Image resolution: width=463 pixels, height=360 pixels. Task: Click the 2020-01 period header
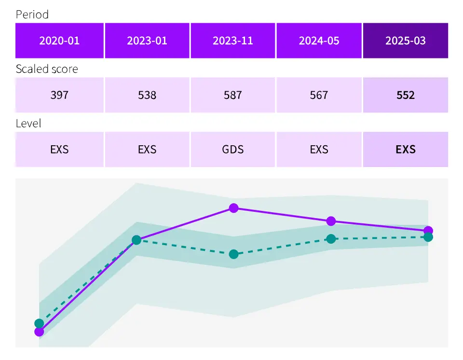59,41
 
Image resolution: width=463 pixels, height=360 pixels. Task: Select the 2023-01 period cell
147,41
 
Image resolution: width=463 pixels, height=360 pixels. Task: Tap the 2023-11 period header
233,41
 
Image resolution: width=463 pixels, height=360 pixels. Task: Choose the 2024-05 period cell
319,41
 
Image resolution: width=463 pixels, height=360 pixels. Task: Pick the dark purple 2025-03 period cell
406,41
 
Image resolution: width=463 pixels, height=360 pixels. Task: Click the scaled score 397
59,95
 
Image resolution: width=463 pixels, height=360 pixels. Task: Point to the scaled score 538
147,95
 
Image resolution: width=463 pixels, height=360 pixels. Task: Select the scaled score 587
233,95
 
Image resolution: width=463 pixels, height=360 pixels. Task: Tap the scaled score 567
319,95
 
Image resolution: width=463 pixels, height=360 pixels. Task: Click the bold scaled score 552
406,95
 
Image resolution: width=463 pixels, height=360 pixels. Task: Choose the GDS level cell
233,150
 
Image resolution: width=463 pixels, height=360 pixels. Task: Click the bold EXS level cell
406,150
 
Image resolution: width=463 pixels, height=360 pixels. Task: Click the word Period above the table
32,14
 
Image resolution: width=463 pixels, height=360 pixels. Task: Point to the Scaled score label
47,69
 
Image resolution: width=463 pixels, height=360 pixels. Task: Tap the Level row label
28,124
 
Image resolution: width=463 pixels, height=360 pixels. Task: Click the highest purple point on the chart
234,208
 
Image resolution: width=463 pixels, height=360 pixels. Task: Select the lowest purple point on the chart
39,332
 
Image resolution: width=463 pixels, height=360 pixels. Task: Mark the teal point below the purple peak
234,254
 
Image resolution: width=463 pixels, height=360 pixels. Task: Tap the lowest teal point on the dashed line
39,323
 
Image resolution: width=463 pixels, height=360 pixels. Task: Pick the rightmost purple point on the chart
428,231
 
